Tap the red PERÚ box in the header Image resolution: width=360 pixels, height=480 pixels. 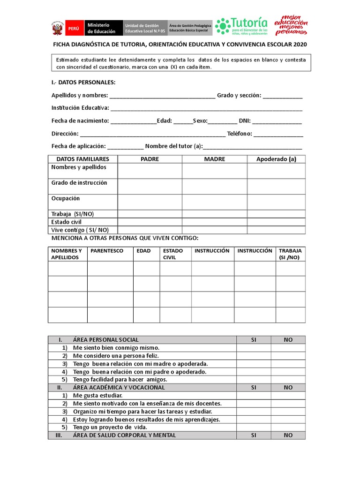74,28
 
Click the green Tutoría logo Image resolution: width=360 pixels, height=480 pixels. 242,26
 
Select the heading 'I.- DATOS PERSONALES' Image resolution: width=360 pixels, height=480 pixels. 83,82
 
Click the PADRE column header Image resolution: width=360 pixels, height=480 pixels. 150,159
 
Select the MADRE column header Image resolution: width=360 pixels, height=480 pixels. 214,159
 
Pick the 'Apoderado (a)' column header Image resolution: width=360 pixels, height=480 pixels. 276,159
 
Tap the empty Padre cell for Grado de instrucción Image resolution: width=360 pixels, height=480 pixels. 150,186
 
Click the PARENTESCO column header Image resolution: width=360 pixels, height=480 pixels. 107,251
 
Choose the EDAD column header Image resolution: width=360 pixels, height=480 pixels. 143,251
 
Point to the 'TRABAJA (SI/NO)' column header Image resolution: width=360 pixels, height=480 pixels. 290,254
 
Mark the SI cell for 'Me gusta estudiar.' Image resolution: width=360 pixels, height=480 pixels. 254,396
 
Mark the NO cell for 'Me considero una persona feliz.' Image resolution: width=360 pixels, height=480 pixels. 288,356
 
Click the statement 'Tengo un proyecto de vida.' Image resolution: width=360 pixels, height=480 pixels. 110,427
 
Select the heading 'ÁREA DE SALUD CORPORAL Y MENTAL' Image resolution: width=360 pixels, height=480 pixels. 124,435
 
